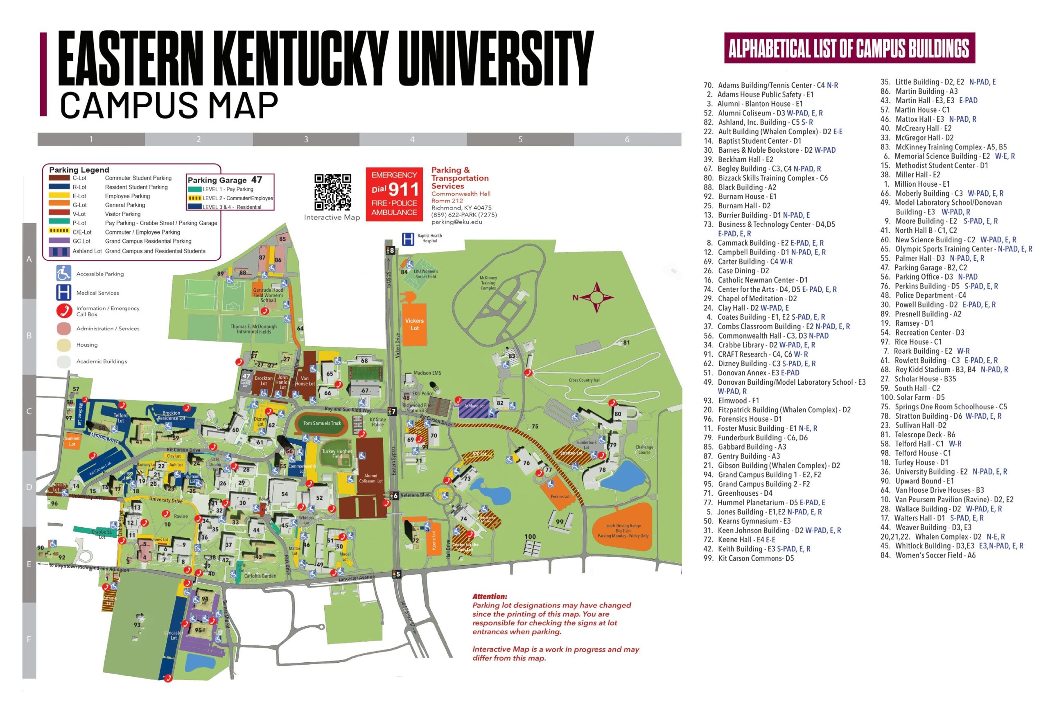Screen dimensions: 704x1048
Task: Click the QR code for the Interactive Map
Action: coord(332,192)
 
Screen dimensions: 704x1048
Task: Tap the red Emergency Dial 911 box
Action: coord(394,194)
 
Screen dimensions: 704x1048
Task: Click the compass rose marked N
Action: coord(596,297)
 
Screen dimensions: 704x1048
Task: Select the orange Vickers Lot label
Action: coord(414,324)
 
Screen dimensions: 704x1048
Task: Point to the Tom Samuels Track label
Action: coord(322,423)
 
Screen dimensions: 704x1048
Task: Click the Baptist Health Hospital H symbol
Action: coord(408,239)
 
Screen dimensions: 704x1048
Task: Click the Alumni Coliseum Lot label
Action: coord(370,478)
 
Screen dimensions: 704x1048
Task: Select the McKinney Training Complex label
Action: coord(488,283)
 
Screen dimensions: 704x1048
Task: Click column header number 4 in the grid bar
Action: coord(412,139)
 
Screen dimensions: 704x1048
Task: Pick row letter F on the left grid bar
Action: coord(29,639)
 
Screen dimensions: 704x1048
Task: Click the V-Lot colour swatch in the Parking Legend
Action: coord(59,214)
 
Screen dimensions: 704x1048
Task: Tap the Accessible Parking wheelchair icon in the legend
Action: coord(63,273)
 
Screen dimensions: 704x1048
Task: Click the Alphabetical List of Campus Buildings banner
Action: coord(849,48)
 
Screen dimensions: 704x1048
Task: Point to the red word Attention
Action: coord(490,596)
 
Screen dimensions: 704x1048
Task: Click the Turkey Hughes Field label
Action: coord(337,454)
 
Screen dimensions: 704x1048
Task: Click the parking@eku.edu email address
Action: coord(456,222)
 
